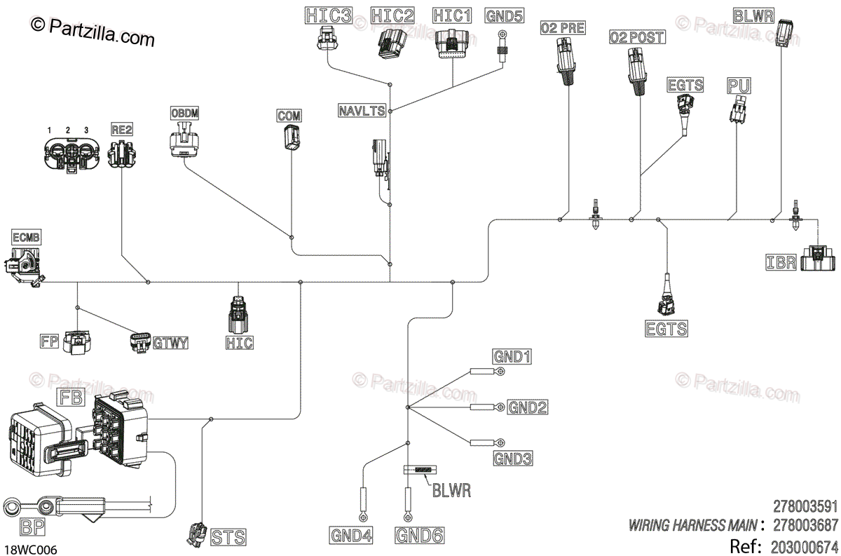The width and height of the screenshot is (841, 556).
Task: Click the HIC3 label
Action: pos(329,16)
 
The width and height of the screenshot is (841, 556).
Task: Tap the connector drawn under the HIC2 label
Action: pos(392,44)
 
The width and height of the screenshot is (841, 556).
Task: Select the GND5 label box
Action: pos(504,16)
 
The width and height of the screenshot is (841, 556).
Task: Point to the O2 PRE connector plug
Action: pos(566,61)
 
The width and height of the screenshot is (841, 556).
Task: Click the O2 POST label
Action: pos(637,37)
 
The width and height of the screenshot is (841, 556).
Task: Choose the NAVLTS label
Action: pos(362,111)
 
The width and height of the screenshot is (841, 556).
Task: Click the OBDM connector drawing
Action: pos(184,139)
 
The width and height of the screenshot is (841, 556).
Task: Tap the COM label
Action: pos(289,116)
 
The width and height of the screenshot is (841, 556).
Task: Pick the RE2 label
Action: pos(122,130)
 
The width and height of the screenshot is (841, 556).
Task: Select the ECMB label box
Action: pos(26,238)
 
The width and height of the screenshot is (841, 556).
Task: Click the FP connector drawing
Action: pos(77,342)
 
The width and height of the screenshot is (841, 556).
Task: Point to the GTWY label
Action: pos(170,343)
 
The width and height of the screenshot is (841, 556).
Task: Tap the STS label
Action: pos(228,537)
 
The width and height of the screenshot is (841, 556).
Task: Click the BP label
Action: pos(33,527)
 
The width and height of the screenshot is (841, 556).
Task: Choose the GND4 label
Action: pos(351,535)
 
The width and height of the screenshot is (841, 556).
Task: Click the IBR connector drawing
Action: pos(818,258)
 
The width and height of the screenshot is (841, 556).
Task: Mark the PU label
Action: pos(739,86)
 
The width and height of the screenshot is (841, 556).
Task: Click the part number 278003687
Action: pos(805,525)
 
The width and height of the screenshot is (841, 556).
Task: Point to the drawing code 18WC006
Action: pos(31,550)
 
